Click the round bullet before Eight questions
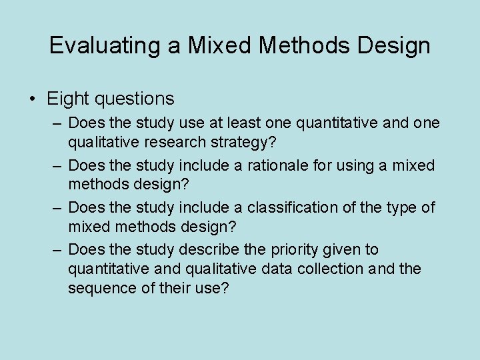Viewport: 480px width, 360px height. (x=33, y=99)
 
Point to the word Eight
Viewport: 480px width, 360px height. (x=68, y=99)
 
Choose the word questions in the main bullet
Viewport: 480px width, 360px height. (x=134, y=99)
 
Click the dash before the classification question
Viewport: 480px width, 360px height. (x=58, y=207)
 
